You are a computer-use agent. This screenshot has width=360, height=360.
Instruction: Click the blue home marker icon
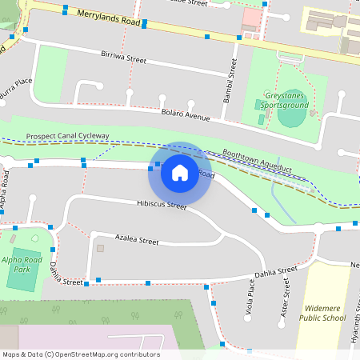pos(180,172)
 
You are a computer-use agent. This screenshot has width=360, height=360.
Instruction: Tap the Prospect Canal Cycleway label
pos(67,136)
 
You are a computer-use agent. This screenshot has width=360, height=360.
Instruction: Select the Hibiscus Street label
pos(162,206)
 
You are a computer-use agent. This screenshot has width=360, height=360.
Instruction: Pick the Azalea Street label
pos(137,239)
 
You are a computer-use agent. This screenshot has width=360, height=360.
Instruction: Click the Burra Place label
pos(15,89)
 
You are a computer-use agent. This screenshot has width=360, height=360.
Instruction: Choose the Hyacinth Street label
pos(352,328)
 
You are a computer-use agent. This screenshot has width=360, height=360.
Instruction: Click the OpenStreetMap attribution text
pos(81,354)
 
